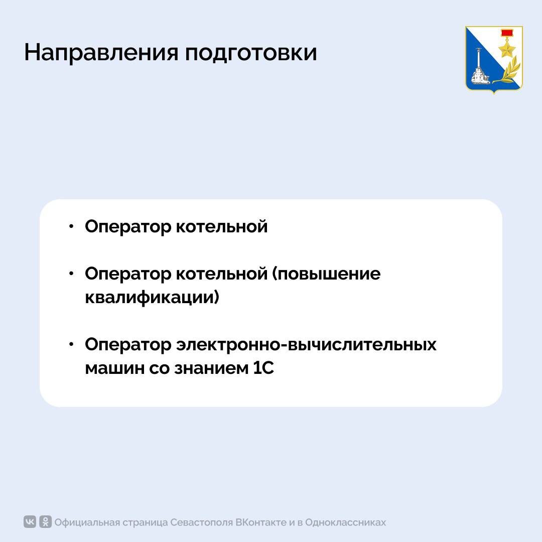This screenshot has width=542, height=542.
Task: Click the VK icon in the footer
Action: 30,522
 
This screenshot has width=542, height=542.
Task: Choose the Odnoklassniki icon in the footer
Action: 45,522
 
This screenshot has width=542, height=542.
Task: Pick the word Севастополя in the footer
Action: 202,522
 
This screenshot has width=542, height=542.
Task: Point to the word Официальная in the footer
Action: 86,522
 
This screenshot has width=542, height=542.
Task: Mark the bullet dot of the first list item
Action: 72,226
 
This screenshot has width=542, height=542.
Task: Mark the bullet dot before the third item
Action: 72,345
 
